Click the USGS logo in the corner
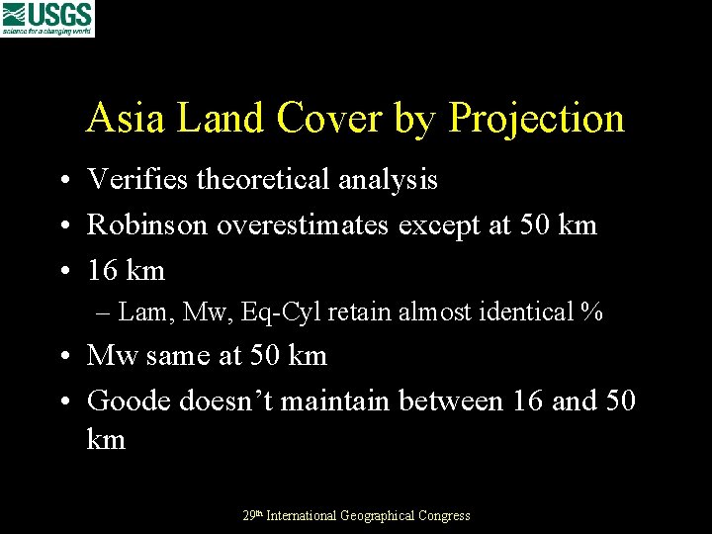(47, 18)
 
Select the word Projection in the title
(537, 119)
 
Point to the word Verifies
(137, 179)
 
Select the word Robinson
(147, 224)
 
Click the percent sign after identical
(592, 312)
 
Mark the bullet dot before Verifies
(62, 181)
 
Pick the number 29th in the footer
(253, 514)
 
